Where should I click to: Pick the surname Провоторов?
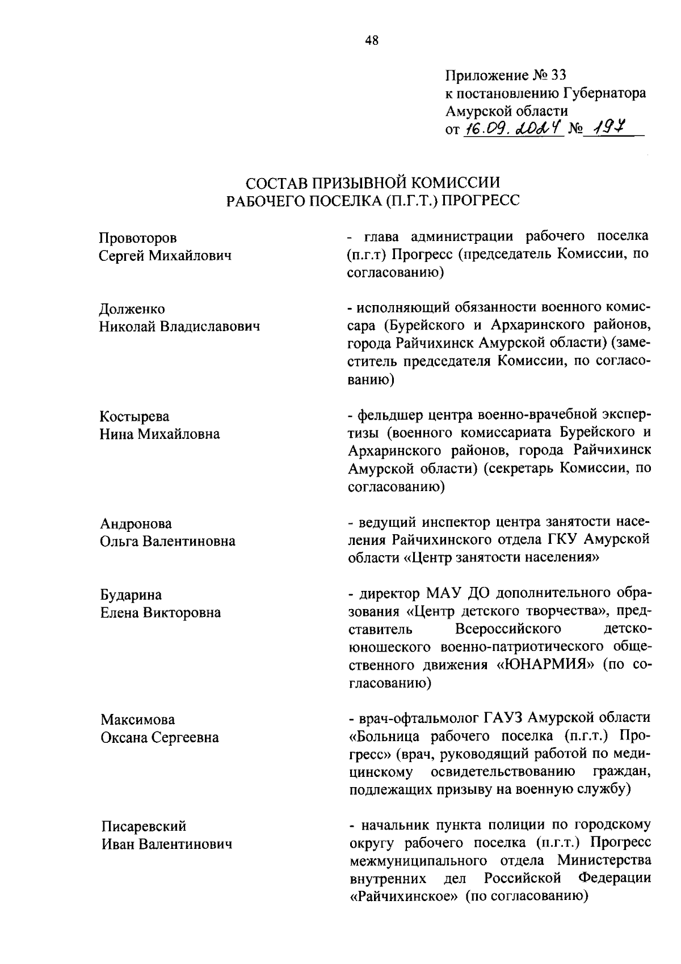coord(138,238)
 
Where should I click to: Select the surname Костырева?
coord(134,417)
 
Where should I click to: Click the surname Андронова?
coord(136,523)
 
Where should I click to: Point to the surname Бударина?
coord(131,595)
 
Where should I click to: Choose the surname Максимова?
coord(138,720)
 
